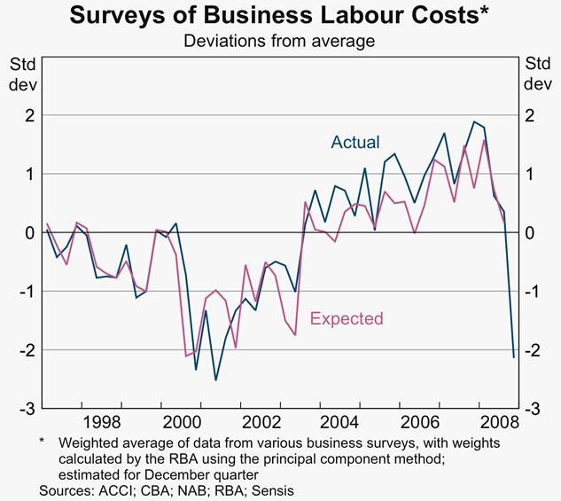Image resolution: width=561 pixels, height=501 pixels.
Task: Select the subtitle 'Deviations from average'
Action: click(x=279, y=41)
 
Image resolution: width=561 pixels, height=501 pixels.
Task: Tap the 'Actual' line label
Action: click(x=355, y=142)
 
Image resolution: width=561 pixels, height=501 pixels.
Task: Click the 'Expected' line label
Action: click(x=346, y=318)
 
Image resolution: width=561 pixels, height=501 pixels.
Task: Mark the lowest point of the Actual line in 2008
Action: click(x=514, y=357)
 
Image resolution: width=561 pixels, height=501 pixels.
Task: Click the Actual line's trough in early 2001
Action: click(x=215, y=380)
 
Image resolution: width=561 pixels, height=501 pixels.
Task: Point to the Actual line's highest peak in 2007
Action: click(x=474, y=121)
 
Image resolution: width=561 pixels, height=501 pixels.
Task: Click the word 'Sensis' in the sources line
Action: click(x=271, y=489)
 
